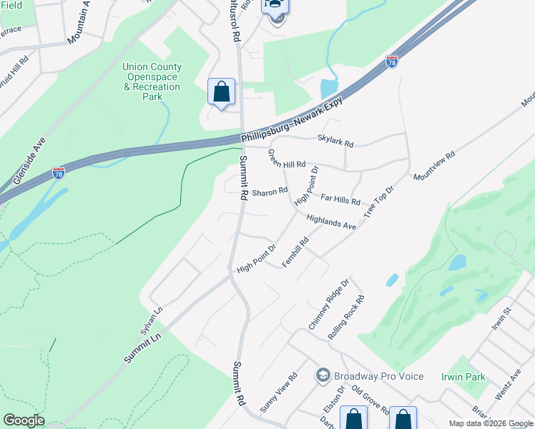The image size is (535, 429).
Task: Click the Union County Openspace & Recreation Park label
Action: point(152,82)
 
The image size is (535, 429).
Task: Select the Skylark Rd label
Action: point(335,143)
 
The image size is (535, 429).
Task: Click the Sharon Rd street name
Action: point(269,191)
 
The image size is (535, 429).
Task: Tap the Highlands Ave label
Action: point(331,222)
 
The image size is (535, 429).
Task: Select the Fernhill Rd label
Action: point(295,253)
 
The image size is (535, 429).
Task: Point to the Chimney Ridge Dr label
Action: point(328,304)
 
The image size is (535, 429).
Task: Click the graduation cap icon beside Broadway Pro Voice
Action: point(323,376)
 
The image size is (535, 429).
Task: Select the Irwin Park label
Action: point(463,377)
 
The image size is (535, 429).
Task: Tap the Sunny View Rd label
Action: point(278,393)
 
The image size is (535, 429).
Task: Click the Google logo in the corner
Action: point(24,420)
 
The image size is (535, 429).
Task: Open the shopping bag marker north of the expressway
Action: point(221,92)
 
